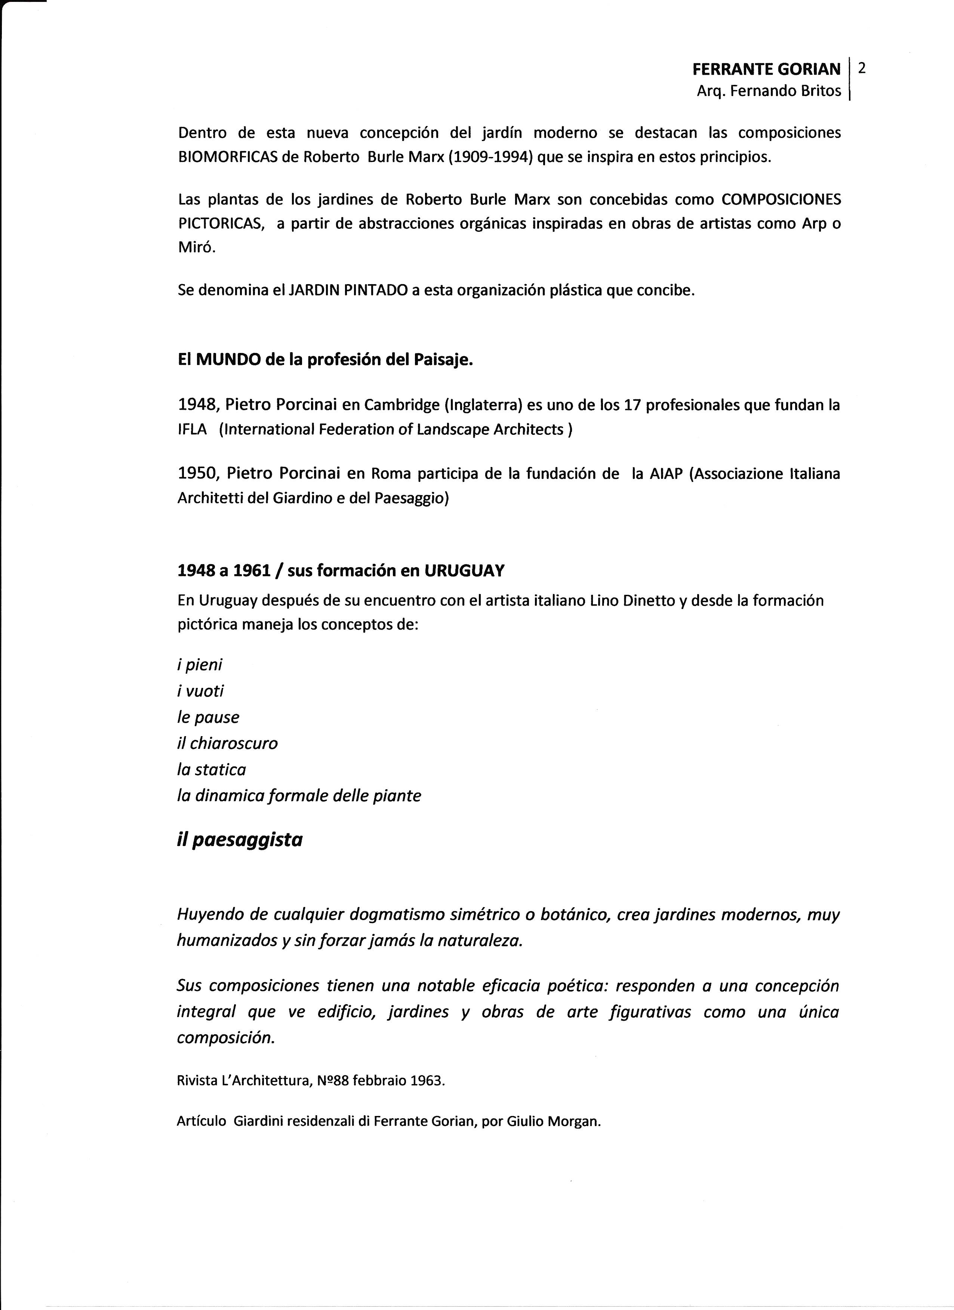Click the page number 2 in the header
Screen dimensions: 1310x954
tap(862, 68)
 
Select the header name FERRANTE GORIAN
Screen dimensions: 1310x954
tap(766, 69)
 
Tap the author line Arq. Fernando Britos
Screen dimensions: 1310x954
tap(769, 91)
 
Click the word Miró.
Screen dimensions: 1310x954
tap(196, 248)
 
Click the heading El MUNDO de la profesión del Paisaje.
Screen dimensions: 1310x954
tap(325, 360)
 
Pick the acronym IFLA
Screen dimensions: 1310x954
tap(192, 430)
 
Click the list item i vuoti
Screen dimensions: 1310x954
tap(200, 691)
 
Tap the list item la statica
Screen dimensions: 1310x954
tap(211, 769)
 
